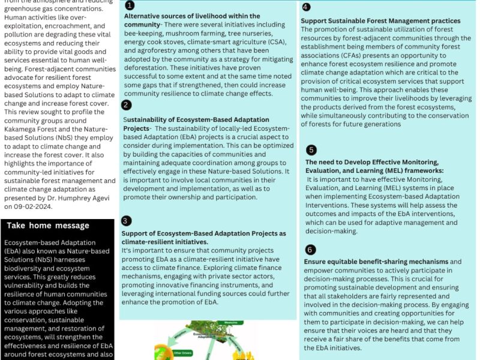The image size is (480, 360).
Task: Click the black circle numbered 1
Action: pos(129,5)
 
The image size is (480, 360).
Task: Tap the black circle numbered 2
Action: pos(126,105)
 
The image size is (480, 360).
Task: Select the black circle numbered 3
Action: pos(126,221)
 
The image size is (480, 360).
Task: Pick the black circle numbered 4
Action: pos(306,7)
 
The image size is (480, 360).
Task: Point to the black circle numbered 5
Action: pos(311,150)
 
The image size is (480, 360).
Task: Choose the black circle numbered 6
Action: pos(310,249)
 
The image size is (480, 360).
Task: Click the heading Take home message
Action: pos(48,226)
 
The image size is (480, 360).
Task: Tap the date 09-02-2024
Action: pos(38,206)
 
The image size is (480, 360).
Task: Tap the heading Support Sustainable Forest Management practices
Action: pos(380,20)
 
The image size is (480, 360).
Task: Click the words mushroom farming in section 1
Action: pos(191,32)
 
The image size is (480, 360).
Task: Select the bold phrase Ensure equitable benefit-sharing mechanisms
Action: pos(376,262)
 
